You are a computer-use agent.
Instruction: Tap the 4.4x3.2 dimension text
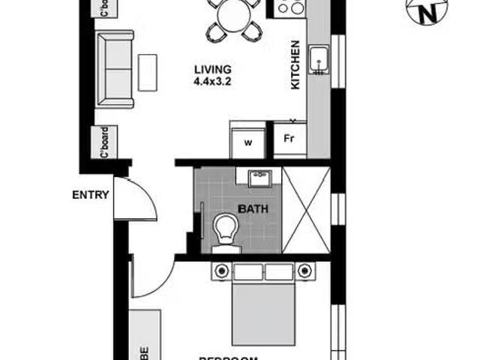(211, 81)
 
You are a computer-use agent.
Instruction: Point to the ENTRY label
(91, 195)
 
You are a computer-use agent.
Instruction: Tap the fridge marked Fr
(289, 139)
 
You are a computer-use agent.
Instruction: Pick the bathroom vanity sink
(259, 178)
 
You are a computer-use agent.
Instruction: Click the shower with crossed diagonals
(306, 209)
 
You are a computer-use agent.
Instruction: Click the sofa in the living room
(116, 68)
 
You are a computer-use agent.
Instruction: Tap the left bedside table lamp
(221, 270)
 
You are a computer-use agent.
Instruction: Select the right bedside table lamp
(304, 270)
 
